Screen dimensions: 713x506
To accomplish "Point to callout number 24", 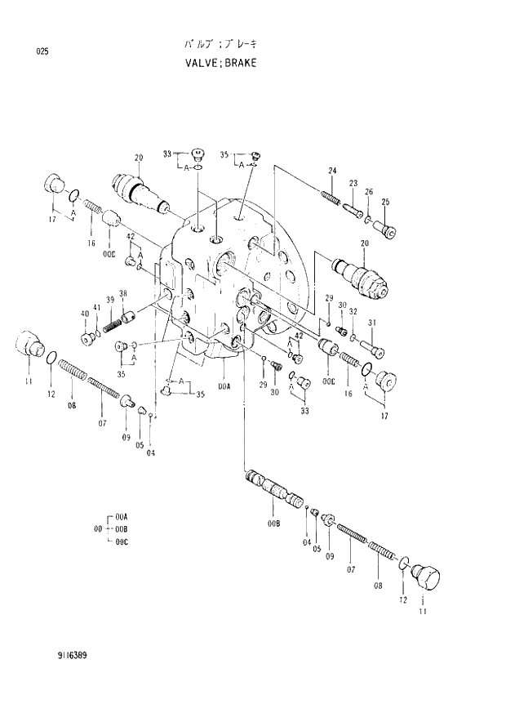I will [x=333, y=170].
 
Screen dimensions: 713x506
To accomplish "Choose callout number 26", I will [x=369, y=192].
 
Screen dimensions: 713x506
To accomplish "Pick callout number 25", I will [x=385, y=203].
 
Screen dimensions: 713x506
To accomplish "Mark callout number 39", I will [x=109, y=299].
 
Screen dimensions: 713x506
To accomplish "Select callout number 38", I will [x=123, y=294].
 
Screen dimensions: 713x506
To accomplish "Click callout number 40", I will [x=84, y=314].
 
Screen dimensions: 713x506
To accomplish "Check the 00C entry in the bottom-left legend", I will [x=122, y=541].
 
